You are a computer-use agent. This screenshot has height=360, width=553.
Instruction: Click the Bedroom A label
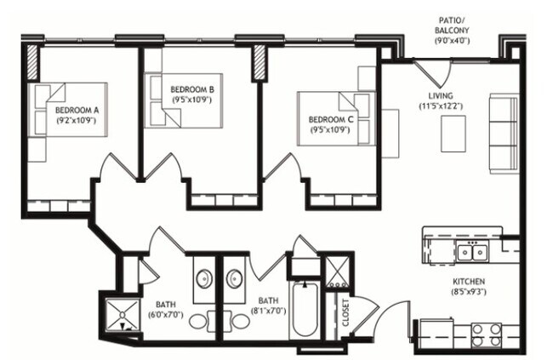[76, 110]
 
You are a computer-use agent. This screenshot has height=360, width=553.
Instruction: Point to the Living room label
[440, 95]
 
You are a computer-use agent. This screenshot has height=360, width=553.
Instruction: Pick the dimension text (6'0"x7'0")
[166, 314]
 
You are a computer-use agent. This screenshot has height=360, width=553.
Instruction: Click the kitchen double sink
[470, 252]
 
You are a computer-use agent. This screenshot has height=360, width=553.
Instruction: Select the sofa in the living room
[503, 133]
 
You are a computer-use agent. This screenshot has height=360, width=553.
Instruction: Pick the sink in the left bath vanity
[205, 280]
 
